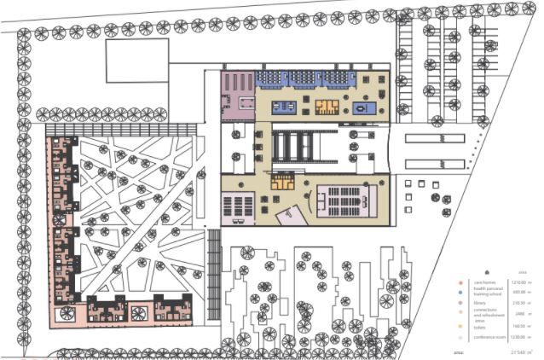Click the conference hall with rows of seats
pyautogui.click(x=345, y=200)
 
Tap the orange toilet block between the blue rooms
pyautogui.click(x=327, y=106)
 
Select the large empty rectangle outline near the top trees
pyautogui.click(x=136, y=60)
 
